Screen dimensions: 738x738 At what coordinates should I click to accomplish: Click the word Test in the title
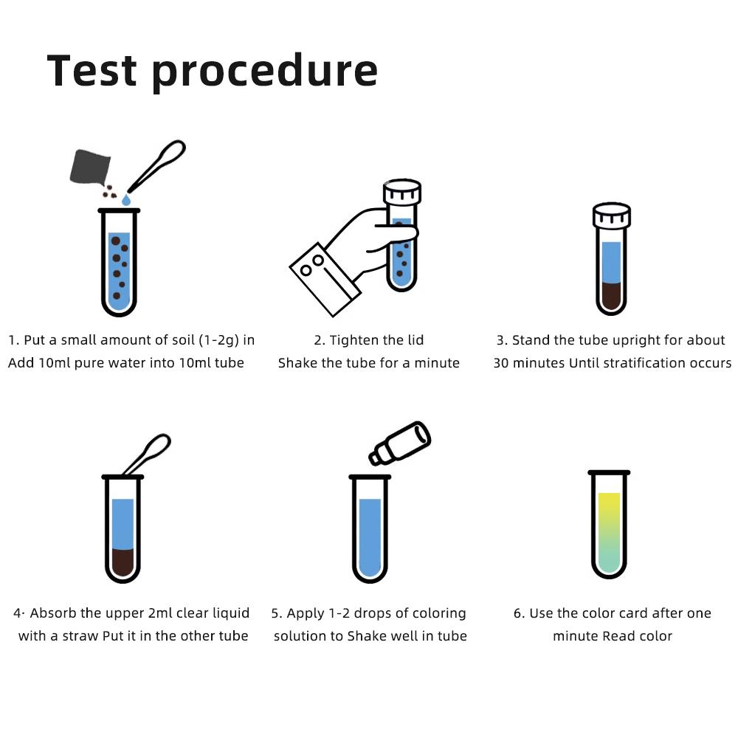(x=92, y=71)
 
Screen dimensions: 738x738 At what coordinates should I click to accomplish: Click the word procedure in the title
(x=265, y=72)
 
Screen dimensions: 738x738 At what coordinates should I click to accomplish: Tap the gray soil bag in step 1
(x=90, y=167)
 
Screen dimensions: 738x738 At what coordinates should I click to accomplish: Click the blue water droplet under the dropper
(x=126, y=199)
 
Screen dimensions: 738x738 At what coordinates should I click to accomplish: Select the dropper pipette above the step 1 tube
(x=157, y=166)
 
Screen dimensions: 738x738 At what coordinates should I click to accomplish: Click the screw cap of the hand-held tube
(x=401, y=192)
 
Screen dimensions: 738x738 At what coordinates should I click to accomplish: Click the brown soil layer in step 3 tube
(x=612, y=297)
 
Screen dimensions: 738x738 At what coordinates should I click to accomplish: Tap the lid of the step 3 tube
(x=612, y=215)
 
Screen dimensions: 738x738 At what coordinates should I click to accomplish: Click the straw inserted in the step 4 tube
(x=147, y=456)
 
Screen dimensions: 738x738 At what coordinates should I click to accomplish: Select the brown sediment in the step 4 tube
(x=123, y=562)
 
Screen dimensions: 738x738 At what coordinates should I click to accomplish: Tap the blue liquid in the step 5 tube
(x=369, y=535)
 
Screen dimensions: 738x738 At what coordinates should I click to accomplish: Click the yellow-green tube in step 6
(x=609, y=531)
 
